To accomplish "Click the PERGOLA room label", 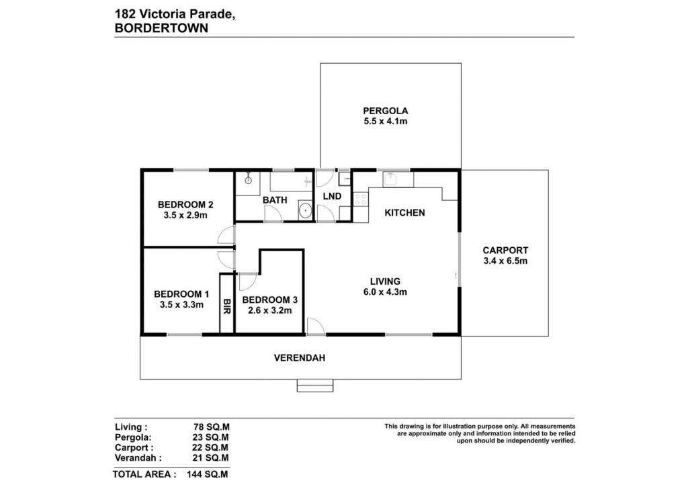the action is [x=385, y=111].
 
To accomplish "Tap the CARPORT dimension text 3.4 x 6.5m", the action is [x=505, y=261].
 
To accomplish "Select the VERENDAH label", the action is [x=300, y=358].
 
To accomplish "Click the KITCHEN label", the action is [x=404, y=213].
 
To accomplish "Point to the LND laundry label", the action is [x=332, y=196].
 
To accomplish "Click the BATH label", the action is [x=275, y=200].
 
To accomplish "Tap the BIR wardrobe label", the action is [x=227, y=306].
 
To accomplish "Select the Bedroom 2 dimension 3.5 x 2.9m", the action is [x=185, y=216].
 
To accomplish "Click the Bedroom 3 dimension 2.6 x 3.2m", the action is [x=270, y=310].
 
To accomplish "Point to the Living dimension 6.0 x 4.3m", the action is [x=385, y=292].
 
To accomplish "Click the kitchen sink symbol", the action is [x=390, y=179].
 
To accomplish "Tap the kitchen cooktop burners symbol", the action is [x=360, y=200].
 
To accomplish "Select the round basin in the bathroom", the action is [x=306, y=211].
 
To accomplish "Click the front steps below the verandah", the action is [x=315, y=385].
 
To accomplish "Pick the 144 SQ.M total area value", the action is [x=208, y=474].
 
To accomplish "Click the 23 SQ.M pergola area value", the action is [x=210, y=437].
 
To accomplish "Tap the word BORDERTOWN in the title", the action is [x=161, y=28].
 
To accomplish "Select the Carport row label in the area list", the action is [x=134, y=448].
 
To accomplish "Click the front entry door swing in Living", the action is [x=316, y=326].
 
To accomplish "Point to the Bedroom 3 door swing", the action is [x=247, y=281].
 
